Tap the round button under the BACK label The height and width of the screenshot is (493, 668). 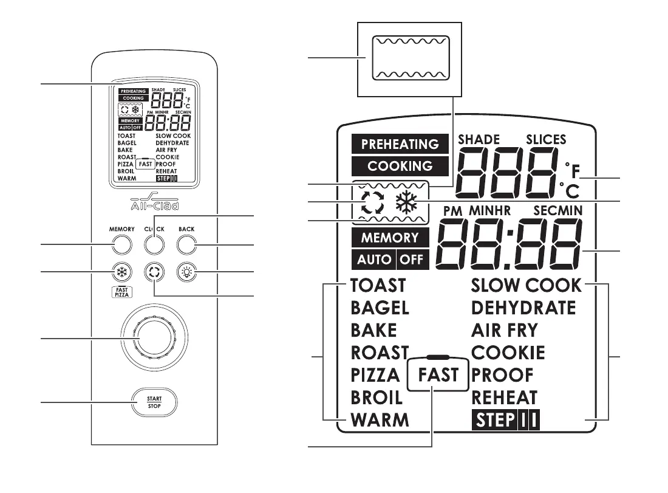pyautogui.click(x=186, y=244)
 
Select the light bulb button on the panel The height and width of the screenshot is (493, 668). pyautogui.click(x=186, y=272)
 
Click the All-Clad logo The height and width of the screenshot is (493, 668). pyautogui.click(x=154, y=202)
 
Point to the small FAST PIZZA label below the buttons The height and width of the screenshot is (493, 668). pyautogui.click(x=121, y=291)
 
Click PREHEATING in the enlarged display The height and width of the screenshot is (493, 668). pyautogui.click(x=400, y=144)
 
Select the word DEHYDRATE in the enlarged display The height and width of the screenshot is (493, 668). pyautogui.click(x=523, y=308)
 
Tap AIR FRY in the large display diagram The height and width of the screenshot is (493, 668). pyautogui.click(x=504, y=330)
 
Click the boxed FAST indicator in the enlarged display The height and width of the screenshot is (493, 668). pyautogui.click(x=438, y=375)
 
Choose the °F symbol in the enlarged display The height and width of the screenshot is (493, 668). pyautogui.click(x=571, y=168)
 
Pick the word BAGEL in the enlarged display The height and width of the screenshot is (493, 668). pyautogui.click(x=380, y=308)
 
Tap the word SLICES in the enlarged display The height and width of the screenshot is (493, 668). pyautogui.click(x=545, y=139)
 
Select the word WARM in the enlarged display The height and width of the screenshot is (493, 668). pyautogui.click(x=380, y=420)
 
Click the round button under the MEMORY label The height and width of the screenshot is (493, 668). pyautogui.click(x=121, y=244)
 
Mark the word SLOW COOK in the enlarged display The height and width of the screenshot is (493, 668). pyautogui.click(x=526, y=284)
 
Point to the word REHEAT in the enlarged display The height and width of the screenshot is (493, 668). pyautogui.click(x=504, y=398)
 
